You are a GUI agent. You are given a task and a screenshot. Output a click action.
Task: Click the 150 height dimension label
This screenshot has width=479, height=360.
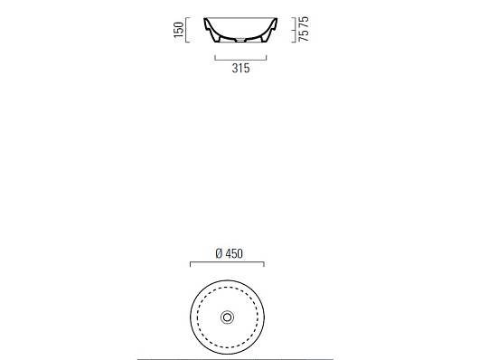tap(179, 30)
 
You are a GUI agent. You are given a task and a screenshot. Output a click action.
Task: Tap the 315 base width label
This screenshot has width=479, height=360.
tap(240, 68)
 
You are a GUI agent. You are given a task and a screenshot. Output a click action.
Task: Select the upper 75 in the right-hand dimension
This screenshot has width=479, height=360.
tap(304, 22)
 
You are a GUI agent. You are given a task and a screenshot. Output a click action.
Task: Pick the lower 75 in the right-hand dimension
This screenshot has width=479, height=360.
tap(304, 35)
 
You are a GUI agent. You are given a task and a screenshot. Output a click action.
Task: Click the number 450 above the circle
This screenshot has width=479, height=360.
tap(234, 253)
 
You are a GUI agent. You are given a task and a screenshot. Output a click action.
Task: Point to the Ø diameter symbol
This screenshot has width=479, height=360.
tap(219, 253)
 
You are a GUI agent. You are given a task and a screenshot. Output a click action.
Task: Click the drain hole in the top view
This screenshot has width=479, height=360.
tap(227, 317)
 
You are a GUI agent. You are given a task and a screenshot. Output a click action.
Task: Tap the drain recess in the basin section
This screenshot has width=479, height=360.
tap(241, 39)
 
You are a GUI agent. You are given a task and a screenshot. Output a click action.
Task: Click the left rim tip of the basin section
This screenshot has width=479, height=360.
tap(205, 19)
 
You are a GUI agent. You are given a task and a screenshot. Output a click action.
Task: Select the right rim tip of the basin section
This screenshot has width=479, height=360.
tap(276, 19)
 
